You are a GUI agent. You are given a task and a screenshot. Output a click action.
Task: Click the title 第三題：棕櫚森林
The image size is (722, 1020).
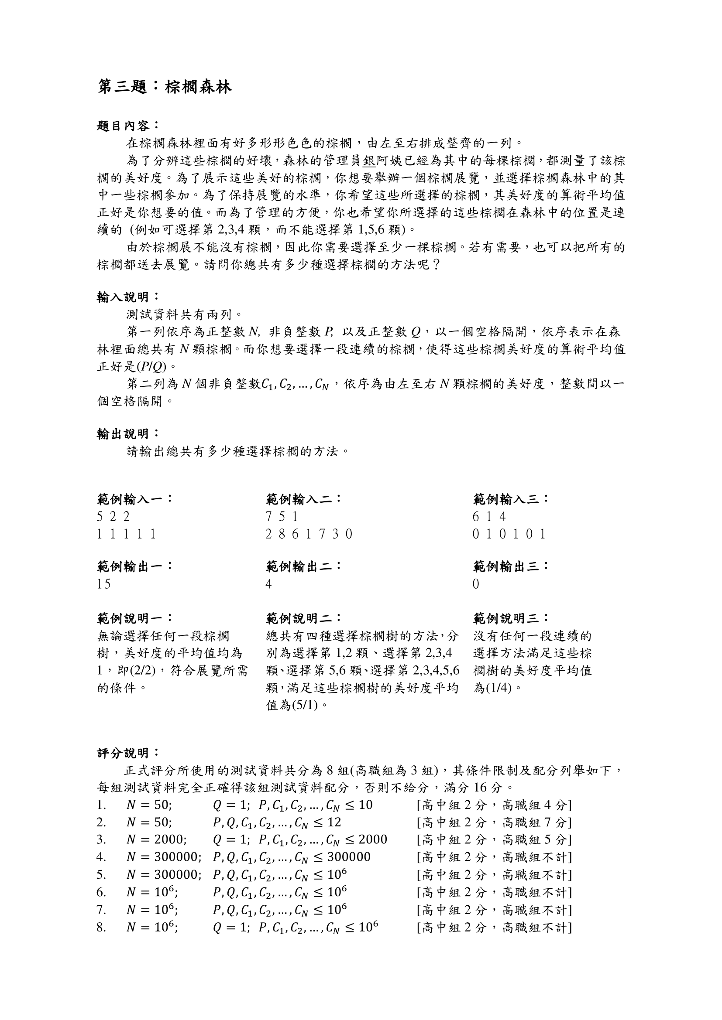[x=165, y=87]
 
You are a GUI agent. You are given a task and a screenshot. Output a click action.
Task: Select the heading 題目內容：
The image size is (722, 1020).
[x=127, y=126]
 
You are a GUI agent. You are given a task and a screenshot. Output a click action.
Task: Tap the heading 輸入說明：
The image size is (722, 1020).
[x=127, y=297]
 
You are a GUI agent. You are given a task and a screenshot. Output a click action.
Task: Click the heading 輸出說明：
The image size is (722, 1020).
[x=127, y=433]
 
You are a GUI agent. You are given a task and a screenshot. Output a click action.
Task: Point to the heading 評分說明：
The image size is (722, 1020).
[x=127, y=753]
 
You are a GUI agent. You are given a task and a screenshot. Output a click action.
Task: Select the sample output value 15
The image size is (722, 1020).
[x=104, y=584]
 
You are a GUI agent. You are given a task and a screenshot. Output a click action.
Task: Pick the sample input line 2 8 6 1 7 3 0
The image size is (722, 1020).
[x=309, y=533]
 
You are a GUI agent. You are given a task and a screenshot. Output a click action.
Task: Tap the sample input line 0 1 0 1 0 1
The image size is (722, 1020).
[x=509, y=533]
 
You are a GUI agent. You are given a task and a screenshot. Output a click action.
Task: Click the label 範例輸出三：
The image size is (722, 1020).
[x=511, y=566]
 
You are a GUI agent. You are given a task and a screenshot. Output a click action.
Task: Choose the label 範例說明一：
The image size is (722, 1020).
[x=134, y=618]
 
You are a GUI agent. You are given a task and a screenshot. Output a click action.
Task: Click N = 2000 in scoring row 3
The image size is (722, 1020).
[x=157, y=839]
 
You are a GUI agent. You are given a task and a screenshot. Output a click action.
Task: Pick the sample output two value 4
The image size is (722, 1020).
[x=268, y=584]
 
